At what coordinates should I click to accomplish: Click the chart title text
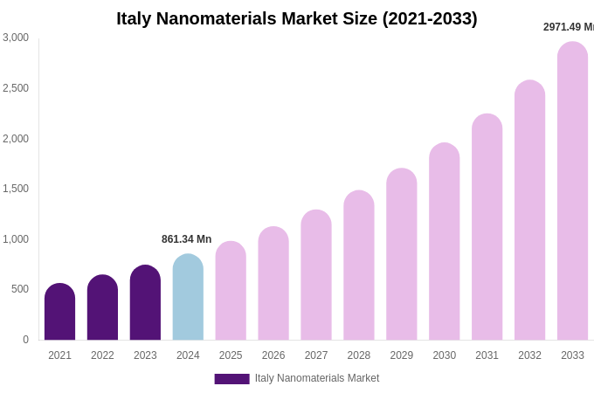(x=297, y=18)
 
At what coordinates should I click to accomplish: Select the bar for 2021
(x=59, y=312)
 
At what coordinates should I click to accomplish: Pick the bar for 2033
(x=572, y=191)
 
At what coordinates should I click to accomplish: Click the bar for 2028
(x=358, y=265)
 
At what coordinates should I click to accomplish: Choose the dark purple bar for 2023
(x=145, y=303)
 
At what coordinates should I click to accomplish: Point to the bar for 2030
(x=444, y=242)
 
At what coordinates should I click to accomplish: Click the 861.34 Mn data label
(x=186, y=239)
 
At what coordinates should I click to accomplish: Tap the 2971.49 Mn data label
(x=569, y=27)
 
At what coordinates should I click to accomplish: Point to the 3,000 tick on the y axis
(x=16, y=38)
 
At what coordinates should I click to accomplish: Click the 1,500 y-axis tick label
(x=16, y=189)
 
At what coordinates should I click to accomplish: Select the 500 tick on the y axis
(x=20, y=289)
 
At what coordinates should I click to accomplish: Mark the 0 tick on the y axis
(x=25, y=340)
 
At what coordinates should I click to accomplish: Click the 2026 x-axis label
(x=273, y=355)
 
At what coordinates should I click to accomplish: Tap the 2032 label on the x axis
(x=529, y=355)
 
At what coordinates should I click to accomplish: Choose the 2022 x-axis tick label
(x=102, y=355)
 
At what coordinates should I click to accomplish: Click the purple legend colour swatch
(x=231, y=379)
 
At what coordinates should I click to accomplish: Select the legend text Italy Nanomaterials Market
(x=317, y=378)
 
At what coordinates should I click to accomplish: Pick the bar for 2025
(x=231, y=291)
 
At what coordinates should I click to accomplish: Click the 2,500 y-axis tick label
(x=16, y=88)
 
